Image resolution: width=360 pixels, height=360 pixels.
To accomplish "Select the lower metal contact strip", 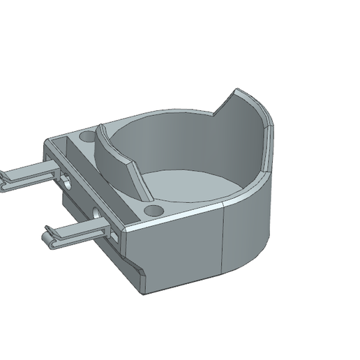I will point(77,233).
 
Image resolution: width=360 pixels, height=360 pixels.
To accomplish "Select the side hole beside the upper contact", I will point(65,181).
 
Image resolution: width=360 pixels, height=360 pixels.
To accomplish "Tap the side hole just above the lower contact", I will point(96,212).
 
